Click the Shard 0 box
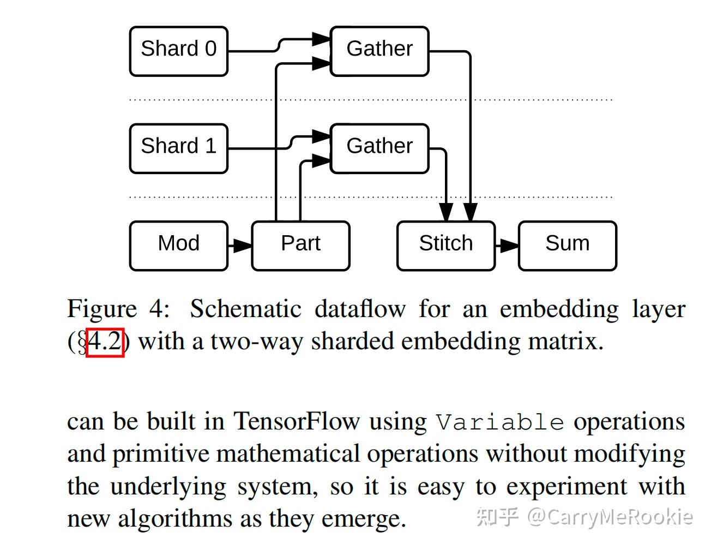[178, 51]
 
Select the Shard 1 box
[178, 148]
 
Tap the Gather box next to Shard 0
[379, 51]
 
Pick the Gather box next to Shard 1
[379, 148]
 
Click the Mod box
[178, 245]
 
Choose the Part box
[300, 245]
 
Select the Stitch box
[445, 245]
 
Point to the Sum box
[567, 245]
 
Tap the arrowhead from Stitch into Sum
[508, 246]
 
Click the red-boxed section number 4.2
[105, 342]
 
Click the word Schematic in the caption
[245, 309]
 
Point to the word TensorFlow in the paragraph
[297, 422]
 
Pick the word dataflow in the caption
[360, 309]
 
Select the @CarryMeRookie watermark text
[609, 516]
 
